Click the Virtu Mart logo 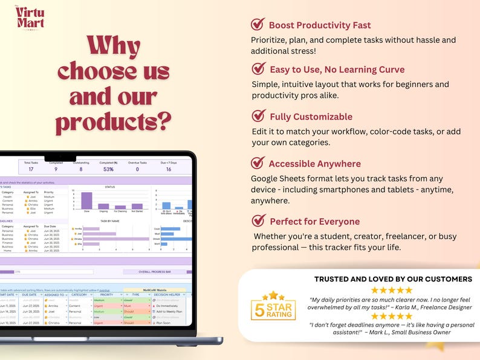pos(30,18)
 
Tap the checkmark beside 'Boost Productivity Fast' pos(258,24)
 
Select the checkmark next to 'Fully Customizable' pos(258,115)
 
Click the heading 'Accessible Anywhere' pos(314,164)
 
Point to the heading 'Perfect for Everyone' pos(314,222)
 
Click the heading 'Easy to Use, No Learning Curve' pos(337,69)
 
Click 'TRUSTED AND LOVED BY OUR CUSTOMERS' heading pos(393,279)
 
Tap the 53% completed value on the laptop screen pos(108,170)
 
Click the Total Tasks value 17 pos(30,170)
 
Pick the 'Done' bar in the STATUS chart pos(86,201)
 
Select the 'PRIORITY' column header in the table pos(106,295)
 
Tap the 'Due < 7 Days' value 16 pos(168,170)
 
